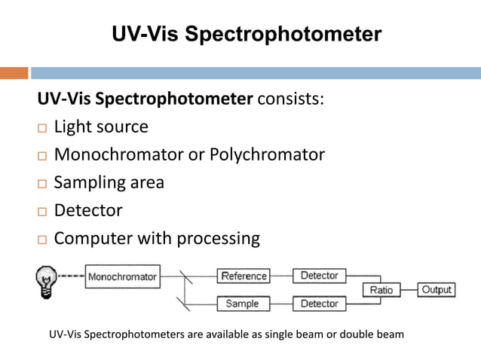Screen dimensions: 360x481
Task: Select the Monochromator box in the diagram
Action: pos(122,277)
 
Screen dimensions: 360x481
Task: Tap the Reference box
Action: pos(244,276)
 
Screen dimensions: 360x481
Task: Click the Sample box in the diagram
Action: pos(242,304)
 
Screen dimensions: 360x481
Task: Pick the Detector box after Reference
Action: pos(319,276)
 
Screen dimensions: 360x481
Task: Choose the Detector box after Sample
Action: pos(319,304)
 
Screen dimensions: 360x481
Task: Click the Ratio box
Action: pos(381,290)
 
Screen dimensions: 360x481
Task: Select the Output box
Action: pos(437,290)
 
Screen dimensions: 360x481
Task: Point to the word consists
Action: pos(291,99)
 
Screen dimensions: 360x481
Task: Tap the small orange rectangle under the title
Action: pos(14,73)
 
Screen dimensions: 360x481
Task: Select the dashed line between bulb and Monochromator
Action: pos(72,276)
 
